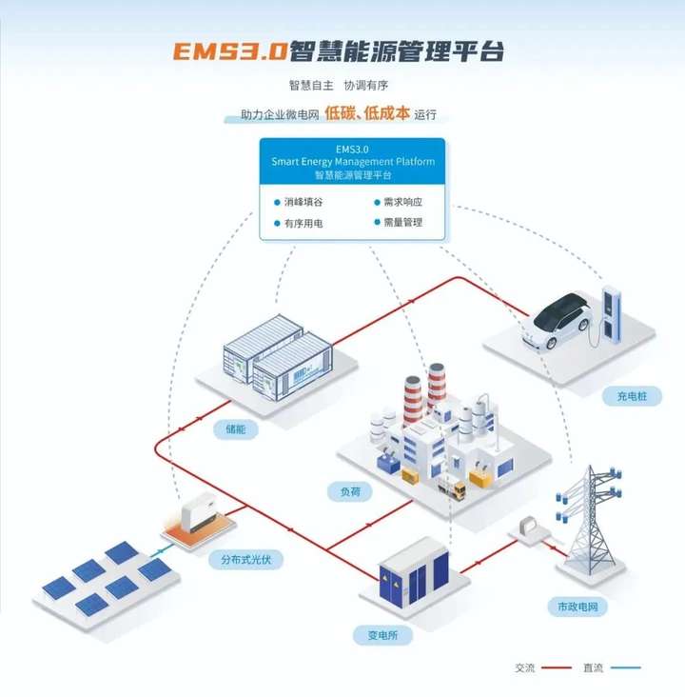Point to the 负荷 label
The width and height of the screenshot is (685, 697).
point(349,492)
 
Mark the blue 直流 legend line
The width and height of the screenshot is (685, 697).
point(625,667)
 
